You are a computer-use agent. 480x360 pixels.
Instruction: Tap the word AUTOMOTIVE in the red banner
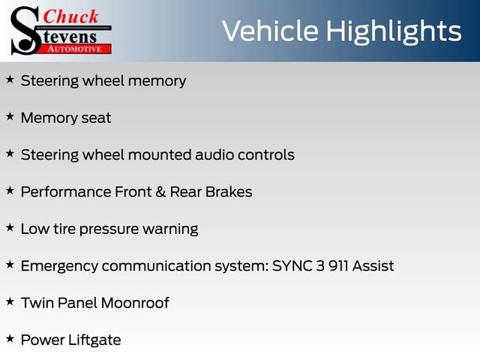pos(74,48)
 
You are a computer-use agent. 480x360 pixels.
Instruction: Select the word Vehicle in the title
pos(271,31)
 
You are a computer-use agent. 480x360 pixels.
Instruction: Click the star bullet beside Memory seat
pos(10,117)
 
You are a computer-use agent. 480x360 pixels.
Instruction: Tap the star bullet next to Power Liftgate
pos(10,339)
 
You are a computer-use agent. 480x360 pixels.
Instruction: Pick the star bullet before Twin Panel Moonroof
pos(10,301)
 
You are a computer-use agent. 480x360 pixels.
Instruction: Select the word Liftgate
pos(94,340)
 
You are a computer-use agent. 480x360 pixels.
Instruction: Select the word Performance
pos(65,192)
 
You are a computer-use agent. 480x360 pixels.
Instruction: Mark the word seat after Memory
pos(95,118)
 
